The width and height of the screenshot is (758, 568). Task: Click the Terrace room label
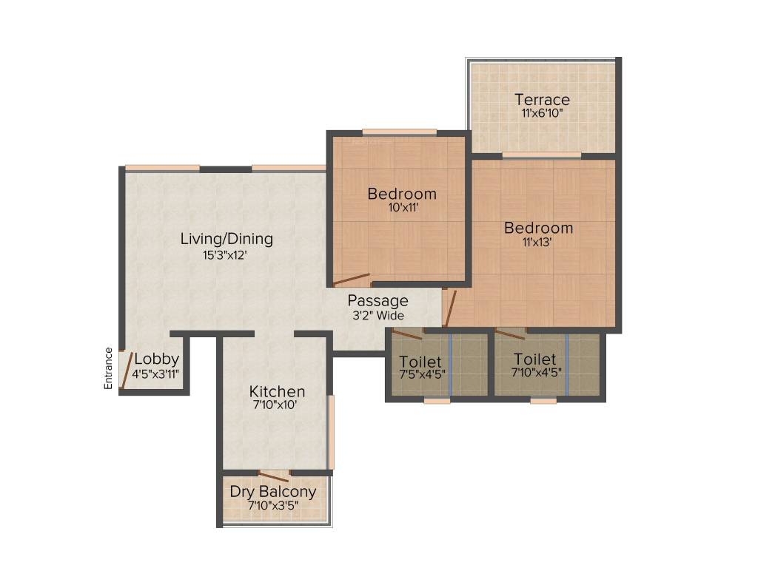tap(542, 99)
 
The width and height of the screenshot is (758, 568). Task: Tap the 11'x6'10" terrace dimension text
tap(542, 115)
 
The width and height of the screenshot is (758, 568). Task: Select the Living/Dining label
tap(227, 239)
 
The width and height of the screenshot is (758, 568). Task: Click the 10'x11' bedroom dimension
tap(402, 209)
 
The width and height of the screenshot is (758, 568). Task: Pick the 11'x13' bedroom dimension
tap(538, 243)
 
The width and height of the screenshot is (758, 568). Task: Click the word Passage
tap(378, 301)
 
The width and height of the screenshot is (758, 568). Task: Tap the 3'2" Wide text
tap(378, 316)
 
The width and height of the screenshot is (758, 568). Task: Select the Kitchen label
tap(276, 391)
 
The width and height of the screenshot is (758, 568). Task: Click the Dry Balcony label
tap(272, 491)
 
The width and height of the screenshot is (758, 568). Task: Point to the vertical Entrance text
tap(108, 368)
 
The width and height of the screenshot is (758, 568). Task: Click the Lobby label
tap(156, 359)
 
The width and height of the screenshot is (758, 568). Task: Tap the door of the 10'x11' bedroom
tap(351, 280)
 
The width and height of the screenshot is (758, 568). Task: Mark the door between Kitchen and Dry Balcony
tap(272, 476)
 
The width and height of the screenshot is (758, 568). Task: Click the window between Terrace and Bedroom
tap(541, 155)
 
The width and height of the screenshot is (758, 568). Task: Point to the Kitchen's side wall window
tap(331, 432)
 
